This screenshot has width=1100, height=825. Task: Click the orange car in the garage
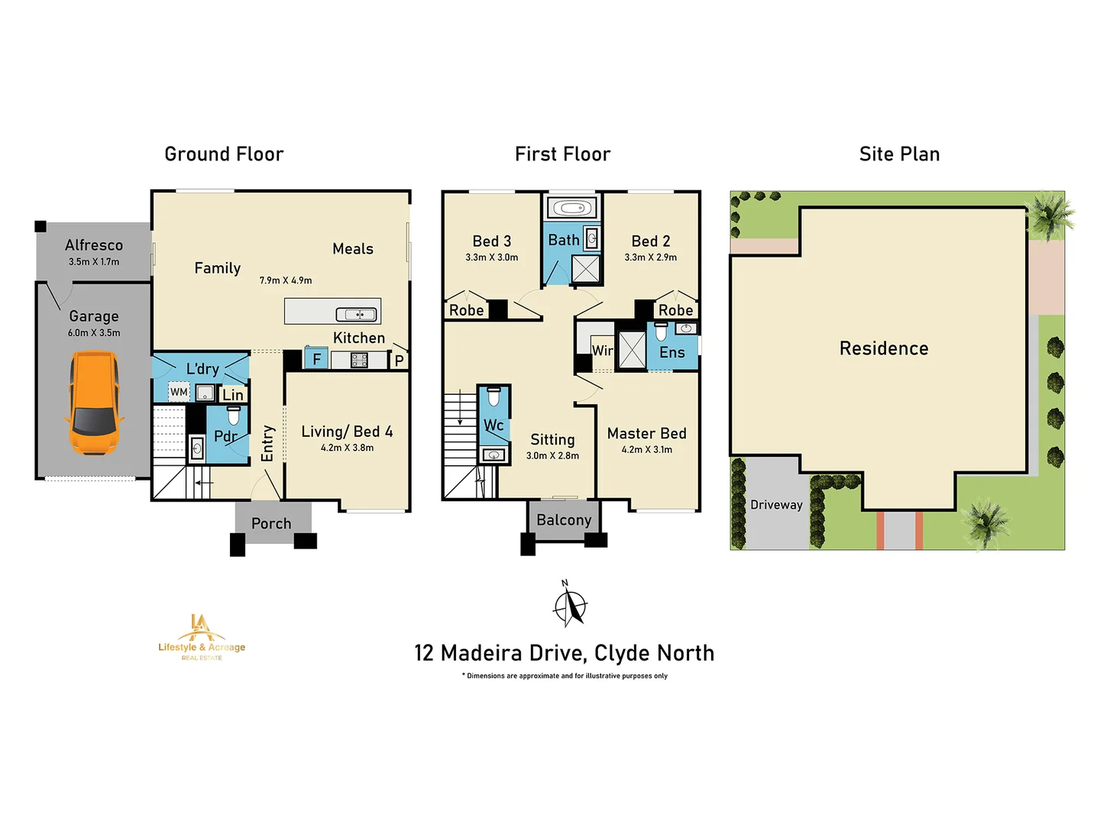[x=94, y=403]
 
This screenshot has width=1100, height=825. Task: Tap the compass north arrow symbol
[x=570, y=604]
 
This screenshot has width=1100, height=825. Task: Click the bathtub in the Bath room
[x=572, y=208]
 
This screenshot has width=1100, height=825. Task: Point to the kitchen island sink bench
[x=332, y=311]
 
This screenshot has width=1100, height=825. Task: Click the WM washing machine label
[x=179, y=392]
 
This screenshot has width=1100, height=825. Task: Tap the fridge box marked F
[x=316, y=359]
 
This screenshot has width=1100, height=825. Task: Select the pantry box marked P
[x=399, y=361]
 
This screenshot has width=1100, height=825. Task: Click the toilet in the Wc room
[x=493, y=397]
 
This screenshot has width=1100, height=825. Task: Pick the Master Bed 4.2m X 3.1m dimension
[x=647, y=450]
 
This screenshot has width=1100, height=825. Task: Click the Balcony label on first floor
[x=564, y=520]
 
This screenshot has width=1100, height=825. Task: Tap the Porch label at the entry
[x=271, y=523]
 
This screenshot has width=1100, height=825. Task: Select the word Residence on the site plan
[x=884, y=348]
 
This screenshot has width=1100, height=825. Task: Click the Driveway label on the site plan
[x=776, y=505]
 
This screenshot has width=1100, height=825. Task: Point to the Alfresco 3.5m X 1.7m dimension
[x=94, y=261]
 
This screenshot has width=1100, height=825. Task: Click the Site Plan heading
[x=899, y=154]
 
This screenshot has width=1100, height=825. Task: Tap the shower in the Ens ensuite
[x=632, y=351]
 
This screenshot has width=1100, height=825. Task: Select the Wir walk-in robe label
[x=602, y=351]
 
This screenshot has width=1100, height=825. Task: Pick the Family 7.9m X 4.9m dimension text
[x=286, y=280]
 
